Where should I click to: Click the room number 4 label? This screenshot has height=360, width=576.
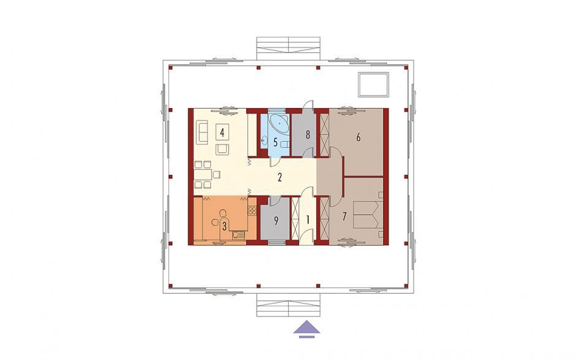222,132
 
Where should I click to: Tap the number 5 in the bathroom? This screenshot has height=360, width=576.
276,142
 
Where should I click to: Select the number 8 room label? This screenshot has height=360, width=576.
308,134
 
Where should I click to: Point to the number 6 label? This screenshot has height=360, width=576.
358,137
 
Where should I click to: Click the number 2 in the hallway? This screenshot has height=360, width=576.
280,178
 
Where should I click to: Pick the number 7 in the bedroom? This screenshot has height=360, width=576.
344,216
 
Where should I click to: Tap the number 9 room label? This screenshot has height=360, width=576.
276,220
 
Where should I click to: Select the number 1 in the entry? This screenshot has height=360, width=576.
308,220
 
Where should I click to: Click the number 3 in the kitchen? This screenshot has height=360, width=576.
224,226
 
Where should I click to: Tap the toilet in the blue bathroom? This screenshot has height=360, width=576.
284,144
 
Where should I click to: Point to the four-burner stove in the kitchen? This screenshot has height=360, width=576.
252,210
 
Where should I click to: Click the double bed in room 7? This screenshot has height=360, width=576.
366,215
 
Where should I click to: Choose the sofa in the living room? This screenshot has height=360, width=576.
202,132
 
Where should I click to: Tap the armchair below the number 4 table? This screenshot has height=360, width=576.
222,149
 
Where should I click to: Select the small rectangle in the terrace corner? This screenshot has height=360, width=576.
374,85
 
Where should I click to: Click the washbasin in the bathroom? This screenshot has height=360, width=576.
264,140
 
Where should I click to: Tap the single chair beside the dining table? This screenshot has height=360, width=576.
217,174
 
